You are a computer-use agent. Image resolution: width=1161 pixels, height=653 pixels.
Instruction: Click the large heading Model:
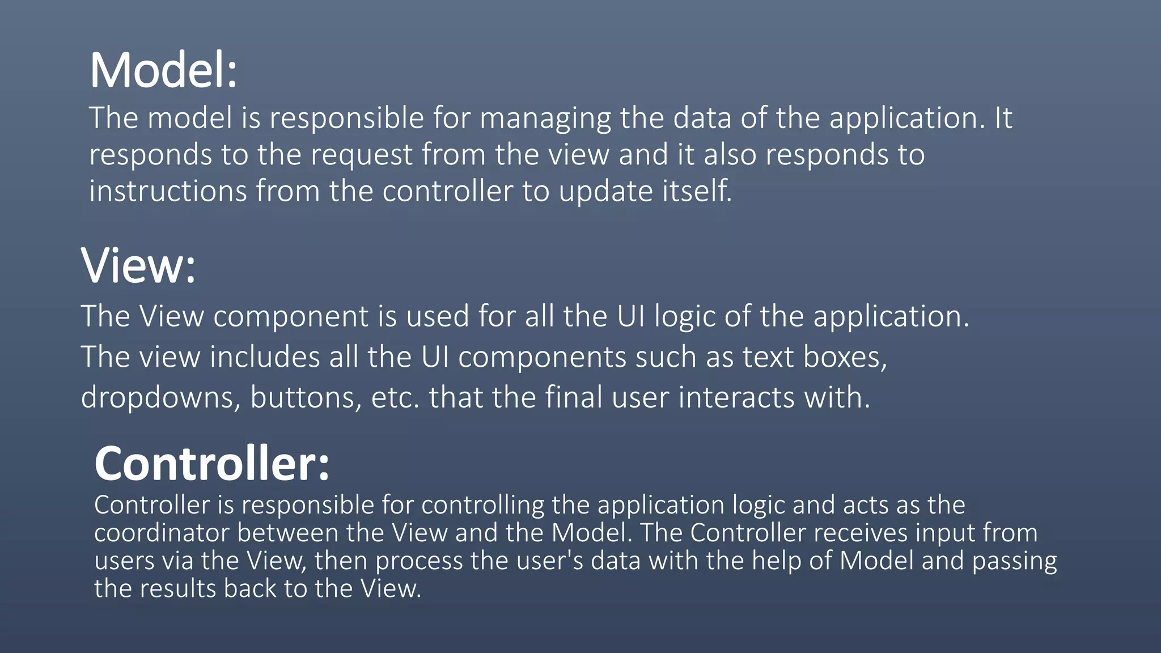[163, 70]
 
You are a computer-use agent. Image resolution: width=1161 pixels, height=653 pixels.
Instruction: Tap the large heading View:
[138, 265]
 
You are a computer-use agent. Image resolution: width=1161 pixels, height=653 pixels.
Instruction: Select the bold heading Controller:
[211, 464]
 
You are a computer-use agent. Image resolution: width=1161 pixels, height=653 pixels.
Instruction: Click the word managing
[545, 118]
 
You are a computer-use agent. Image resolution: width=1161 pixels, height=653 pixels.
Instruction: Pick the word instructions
[168, 191]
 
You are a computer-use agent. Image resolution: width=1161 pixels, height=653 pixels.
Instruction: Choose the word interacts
[736, 397]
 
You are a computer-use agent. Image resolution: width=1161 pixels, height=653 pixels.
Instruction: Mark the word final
[574, 397]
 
